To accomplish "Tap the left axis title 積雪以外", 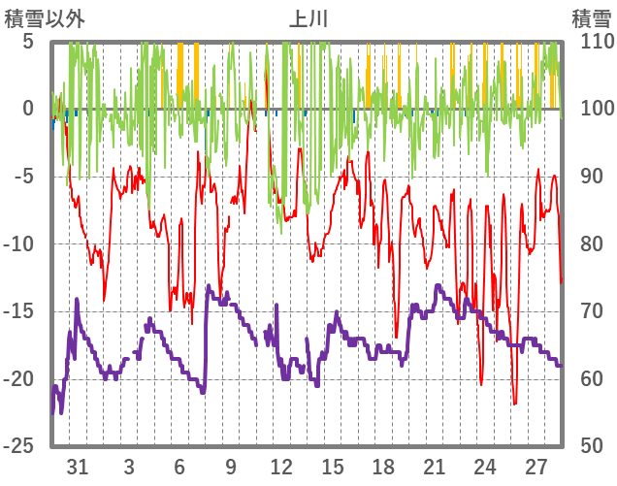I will pos(45,17).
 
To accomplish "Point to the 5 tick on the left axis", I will pos(28,42).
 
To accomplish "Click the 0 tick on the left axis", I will pos(28,109).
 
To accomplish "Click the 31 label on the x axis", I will pos(78,466).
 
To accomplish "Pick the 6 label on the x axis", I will pos(179,466).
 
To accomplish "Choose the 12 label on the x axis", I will pos(281,466).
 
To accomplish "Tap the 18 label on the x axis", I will pos(383,466).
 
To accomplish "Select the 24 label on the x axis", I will pos(485,466).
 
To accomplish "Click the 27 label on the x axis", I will pos(536,466).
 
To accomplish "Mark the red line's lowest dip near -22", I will pos(515,404).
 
